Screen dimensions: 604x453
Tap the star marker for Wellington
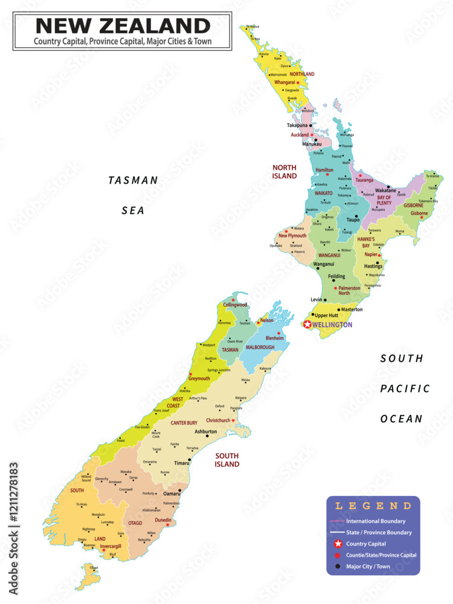click(307, 325)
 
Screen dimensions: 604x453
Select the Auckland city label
click(300, 135)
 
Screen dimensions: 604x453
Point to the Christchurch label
click(218, 420)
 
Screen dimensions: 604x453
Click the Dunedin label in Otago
click(163, 520)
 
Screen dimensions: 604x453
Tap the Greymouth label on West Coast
click(199, 379)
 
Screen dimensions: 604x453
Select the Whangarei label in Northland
click(284, 82)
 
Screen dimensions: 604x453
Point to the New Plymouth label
click(292, 236)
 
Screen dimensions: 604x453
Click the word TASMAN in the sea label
click(133, 180)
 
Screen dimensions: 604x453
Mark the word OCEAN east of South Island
click(402, 419)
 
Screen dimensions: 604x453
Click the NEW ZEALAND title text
click(123, 26)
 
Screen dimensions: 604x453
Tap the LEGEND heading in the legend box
click(373, 506)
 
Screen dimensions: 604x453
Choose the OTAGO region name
click(135, 523)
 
